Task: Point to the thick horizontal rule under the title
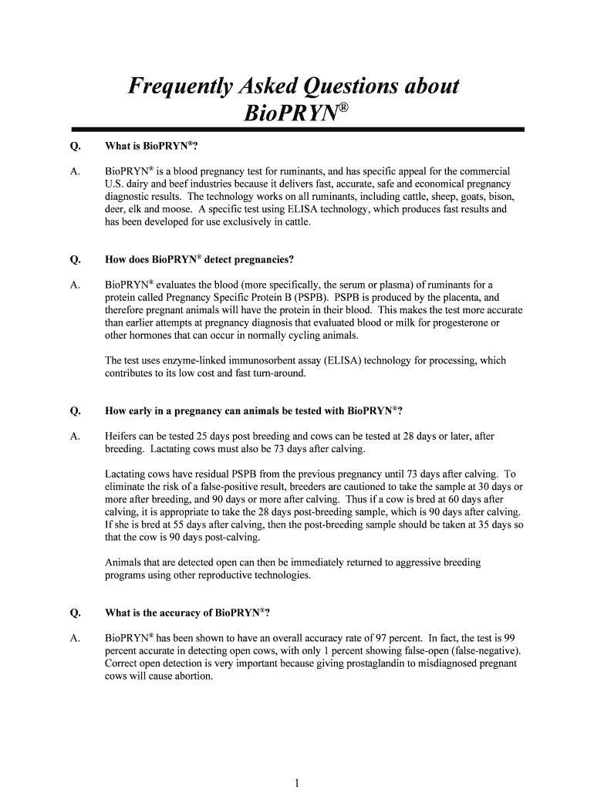click(x=297, y=130)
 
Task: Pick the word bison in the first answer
click(x=498, y=197)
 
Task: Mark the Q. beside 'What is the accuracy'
click(x=76, y=613)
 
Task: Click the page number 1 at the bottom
click(x=296, y=782)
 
